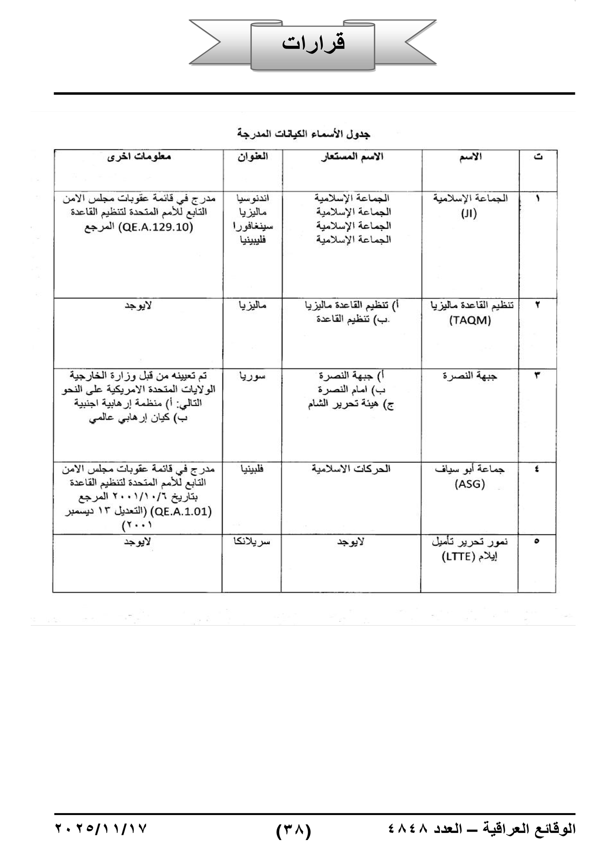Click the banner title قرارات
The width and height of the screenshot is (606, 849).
(x=313, y=43)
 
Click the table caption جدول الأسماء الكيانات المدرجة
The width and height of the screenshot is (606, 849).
(x=303, y=134)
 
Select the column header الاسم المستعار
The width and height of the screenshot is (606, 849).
(x=352, y=157)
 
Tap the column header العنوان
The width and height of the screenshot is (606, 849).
(x=253, y=157)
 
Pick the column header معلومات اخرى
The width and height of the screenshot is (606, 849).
(x=139, y=157)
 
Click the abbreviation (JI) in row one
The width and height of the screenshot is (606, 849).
(x=469, y=213)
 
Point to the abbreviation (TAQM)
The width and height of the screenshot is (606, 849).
(x=470, y=321)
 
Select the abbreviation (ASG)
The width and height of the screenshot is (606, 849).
(x=469, y=484)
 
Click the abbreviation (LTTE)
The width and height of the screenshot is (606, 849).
(x=457, y=557)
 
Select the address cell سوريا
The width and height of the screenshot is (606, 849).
(x=253, y=376)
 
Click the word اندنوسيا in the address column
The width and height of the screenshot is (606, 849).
(x=253, y=198)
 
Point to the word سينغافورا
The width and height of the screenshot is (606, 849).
(x=253, y=226)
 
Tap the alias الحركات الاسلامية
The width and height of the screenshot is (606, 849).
(x=351, y=469)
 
